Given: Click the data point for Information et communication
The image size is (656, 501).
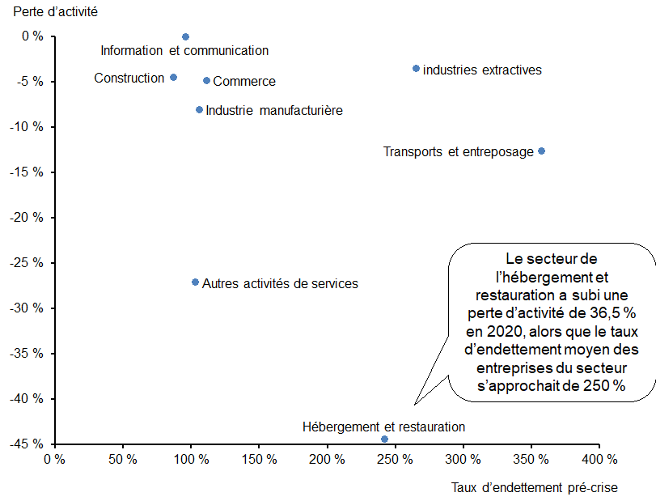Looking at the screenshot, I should (185, 37).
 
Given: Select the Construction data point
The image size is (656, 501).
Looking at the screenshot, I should (173, 78).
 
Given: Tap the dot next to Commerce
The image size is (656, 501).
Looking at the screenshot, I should (206, 81).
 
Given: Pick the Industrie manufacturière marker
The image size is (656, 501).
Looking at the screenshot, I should (199, 110).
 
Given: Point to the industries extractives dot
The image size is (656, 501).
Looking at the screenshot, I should (416, 69).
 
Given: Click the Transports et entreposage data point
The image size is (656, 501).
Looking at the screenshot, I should (541, 151).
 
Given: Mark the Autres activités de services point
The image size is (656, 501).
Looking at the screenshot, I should (195, 282).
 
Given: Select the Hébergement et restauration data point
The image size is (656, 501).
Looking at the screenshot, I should (384, 439).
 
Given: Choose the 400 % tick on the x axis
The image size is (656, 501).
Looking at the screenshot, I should (599, 460).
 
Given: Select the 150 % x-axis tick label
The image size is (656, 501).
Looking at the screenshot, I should (259, 460).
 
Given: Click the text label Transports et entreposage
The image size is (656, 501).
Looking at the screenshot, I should (458, 151).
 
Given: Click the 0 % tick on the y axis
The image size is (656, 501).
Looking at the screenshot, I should (32, 36).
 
